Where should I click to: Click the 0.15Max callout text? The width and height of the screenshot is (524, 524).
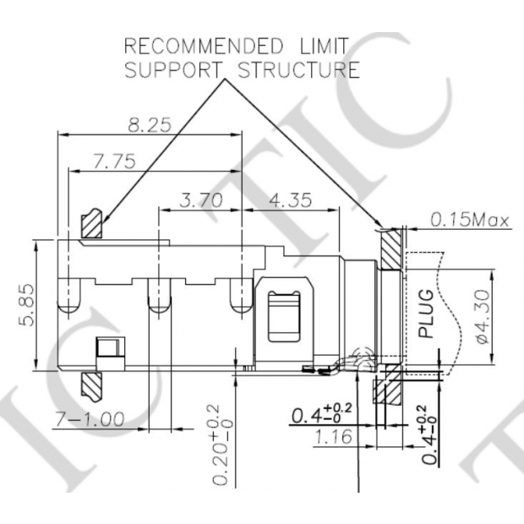(x=469, y=221)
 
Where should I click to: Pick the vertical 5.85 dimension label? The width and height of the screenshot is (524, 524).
(x=28, y=305)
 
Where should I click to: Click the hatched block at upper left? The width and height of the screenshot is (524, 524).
(x=91, y=225)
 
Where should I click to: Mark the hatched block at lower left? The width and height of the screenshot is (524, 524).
(x=90, y=385)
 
